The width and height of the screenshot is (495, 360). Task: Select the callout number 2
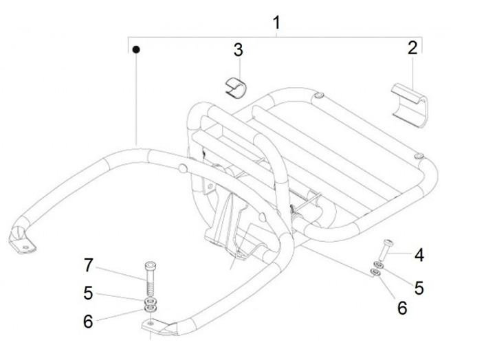point(412,47)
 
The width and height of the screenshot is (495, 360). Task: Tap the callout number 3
point(238,49)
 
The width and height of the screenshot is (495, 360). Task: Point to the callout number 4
point(419,256)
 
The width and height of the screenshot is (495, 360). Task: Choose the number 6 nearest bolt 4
point(402,308)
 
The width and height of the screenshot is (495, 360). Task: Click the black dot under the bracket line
point(136,49)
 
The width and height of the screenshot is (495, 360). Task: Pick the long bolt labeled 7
point(151,275)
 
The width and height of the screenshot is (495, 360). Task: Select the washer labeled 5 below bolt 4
point(378,265)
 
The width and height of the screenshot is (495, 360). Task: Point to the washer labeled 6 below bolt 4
point(375,273)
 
